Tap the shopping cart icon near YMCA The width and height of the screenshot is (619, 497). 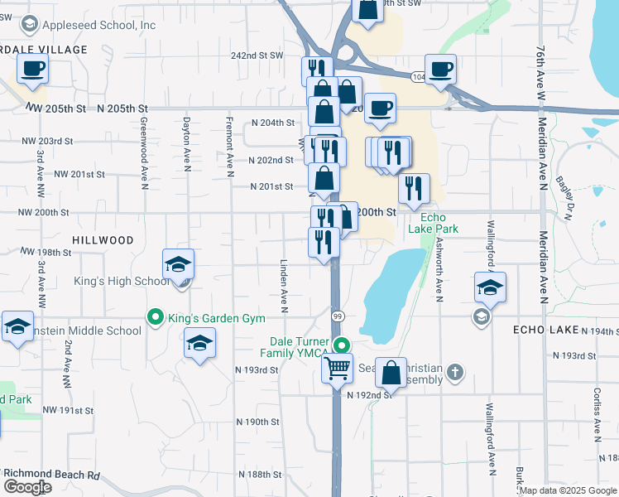tap(337, 368)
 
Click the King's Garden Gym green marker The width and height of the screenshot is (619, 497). tap(154, 316)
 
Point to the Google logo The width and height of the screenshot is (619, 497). tap(26, 487)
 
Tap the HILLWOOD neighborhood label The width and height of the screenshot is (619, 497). tap(103, 239)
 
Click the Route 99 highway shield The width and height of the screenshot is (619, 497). tap(338, 316)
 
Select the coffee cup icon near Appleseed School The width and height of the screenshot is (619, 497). tap(33, 69)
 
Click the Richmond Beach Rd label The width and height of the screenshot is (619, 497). tap(51, 475)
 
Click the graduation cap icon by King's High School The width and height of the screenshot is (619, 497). tap(178, 265)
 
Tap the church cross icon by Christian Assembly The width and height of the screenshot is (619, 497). tap(454, 374)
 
